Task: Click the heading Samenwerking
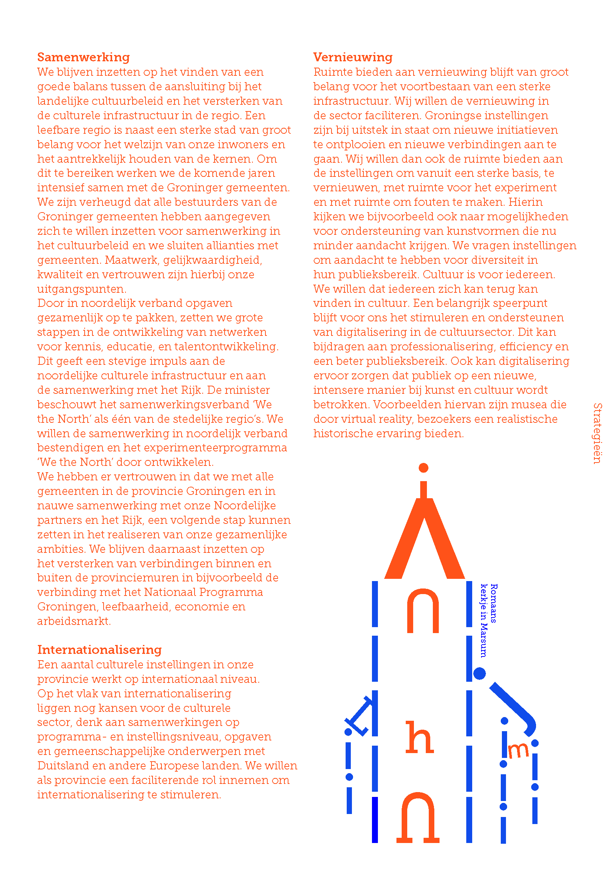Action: (x=83, y=57)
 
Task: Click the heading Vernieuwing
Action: (x=353, y=57)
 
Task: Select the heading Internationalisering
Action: (x=99, y=649)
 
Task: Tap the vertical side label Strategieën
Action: (x=597, y=433)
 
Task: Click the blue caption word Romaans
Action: (x=494, y=603)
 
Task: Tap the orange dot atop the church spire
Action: (x=424, y=468)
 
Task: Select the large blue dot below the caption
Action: (x=479, y=673)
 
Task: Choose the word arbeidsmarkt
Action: (x=74, y=621)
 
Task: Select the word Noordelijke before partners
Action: (x=245, y=506)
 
